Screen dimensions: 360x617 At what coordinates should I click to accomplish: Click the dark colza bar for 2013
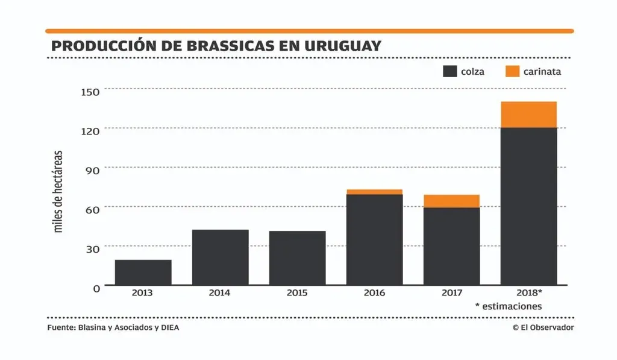coord(143,273)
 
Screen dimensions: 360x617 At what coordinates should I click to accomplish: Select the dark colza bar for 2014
coord(220,257)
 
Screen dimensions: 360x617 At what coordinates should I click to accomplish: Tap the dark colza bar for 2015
coord(297,258)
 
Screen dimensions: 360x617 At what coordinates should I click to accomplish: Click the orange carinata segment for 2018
coord(528,115)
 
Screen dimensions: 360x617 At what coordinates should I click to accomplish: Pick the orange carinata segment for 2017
coord(451,201)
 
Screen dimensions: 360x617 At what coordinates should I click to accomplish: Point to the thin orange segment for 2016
coord(374,192)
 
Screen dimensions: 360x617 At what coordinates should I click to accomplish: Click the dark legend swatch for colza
coord(449,71)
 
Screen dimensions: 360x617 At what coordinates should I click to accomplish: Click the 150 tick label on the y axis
coord(90,91)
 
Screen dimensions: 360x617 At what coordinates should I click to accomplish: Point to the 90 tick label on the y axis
coord(92,170)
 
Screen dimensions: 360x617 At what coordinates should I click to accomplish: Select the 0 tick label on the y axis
coord(96,288)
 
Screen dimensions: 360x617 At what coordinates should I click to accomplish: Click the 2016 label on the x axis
coord(374,293)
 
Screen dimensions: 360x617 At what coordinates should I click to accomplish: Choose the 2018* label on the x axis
coord(529,293)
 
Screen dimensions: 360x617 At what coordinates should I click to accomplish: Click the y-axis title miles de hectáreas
coord(58,192)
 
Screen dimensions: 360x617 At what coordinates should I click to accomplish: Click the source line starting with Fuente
coord(113,327)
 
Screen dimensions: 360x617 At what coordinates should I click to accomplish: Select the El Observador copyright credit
coord(543,327)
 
